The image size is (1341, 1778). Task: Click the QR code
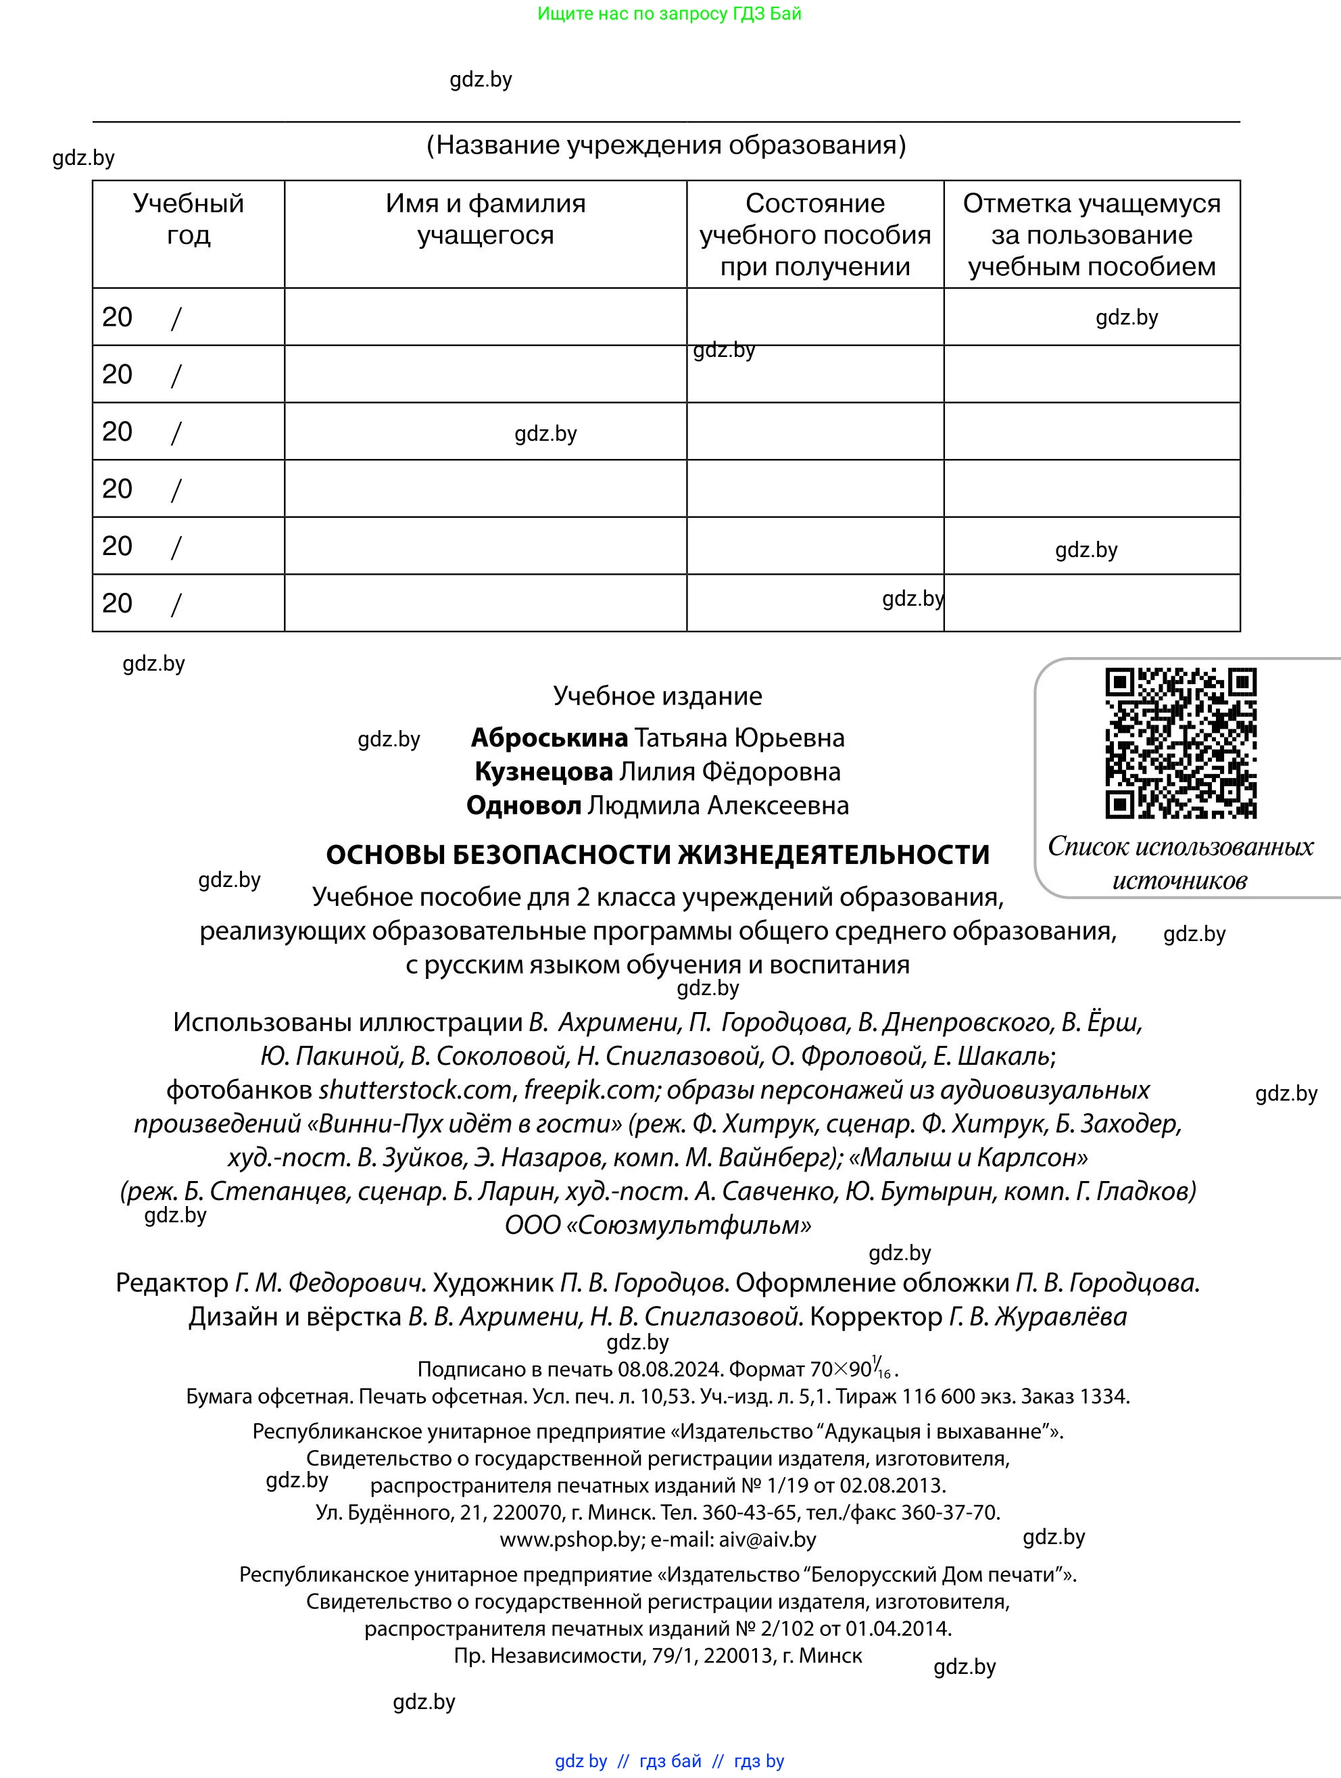tap(1180, 743)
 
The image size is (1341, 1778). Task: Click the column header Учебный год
tap(188, 218)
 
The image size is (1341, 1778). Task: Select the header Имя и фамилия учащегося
tap(485, 218)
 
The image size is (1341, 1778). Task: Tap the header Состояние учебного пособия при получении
tap(814, 234)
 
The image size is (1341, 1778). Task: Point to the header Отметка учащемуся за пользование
tap(1091, 234)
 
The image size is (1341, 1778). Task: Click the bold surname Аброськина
tap(549, 737)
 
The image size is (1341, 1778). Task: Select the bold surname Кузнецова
tap(543, 771)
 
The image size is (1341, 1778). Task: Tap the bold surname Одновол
tap(523, 804)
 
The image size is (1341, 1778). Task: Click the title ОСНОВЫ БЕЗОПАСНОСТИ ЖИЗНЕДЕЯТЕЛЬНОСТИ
tap(657, 854)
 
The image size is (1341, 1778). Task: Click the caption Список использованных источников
tap(1179, 863)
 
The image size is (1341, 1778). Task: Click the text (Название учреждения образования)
tap(665, 145)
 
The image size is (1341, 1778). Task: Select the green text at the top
tap(669, 14)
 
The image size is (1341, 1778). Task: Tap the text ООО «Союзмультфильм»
tap(657, 1224)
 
